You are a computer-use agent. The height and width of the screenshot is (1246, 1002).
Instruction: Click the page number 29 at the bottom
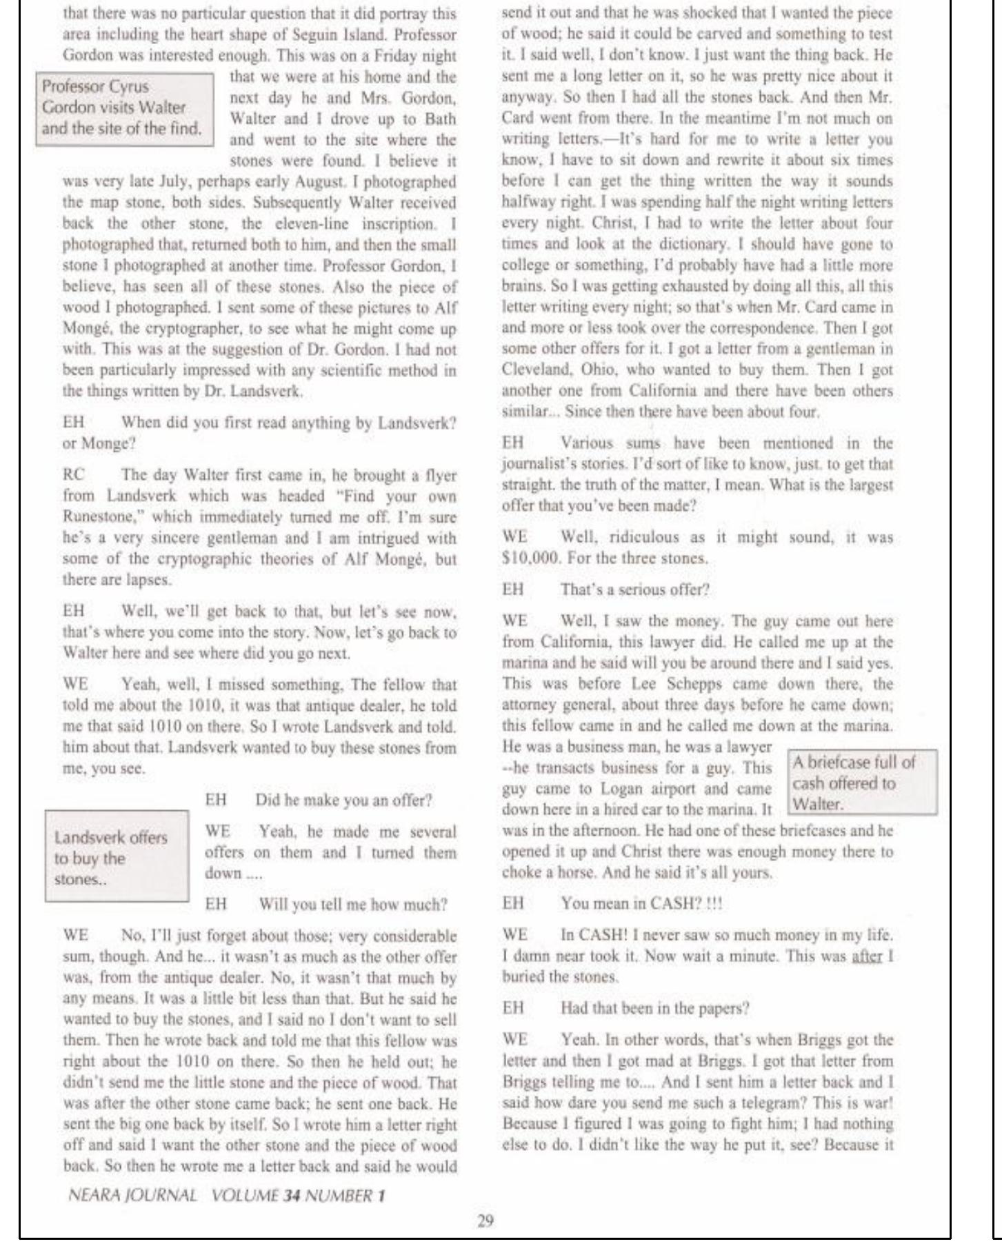(x=485, y=1221)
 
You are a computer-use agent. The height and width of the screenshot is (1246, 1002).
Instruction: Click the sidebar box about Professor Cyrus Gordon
(x=125, y=108)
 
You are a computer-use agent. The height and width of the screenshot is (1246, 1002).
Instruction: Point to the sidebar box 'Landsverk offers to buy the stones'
(x=117, y=858)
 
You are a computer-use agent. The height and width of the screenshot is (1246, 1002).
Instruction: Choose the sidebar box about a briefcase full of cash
(x=861, y=783)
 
